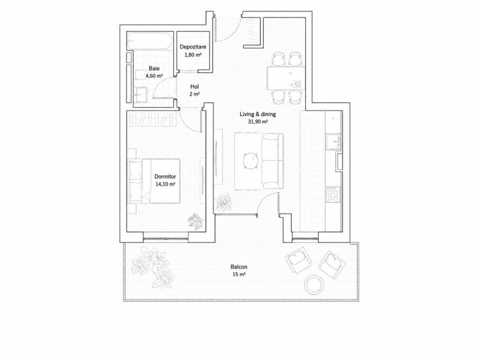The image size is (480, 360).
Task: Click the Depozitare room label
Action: [x=193, y=47]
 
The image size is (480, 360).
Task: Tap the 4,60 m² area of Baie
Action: [x=154, y=76]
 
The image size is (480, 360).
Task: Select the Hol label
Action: [x=194, y=86]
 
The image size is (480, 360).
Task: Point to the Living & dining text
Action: [x=257, y=114]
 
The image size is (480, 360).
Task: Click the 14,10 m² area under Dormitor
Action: [x=165, y=184]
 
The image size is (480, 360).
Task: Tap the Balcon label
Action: [x=239, y=267]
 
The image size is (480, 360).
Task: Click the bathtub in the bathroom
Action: [x=150, y=40]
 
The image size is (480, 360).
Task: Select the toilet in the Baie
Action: [x=140, y=74]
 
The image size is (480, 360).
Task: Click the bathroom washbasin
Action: [x=140, y=94]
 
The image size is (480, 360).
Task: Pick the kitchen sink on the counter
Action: [x=333, y=142]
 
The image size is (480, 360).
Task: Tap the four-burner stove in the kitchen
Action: [x=333, y=194]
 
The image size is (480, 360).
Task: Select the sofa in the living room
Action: [x=272, y=161]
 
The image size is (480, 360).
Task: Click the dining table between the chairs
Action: [x=286, y=78]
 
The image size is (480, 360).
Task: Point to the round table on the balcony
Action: [x=314, y=284]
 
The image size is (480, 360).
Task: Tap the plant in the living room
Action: [x=223, y=202]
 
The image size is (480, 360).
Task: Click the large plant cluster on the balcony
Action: [x=151, y=267]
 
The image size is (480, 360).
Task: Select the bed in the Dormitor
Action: [x=154, y=180]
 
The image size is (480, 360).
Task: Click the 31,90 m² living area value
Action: [x=257, y=121]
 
